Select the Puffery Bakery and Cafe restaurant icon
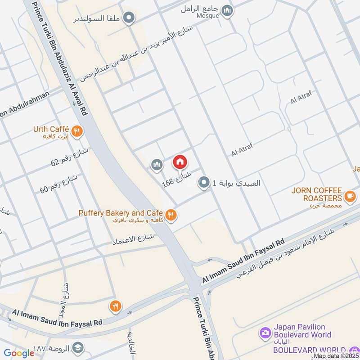171,215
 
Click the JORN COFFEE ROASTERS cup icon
350,196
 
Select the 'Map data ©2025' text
336,356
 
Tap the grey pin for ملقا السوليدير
130,18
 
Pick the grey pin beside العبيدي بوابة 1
204,183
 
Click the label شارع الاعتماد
133,240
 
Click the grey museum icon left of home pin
157,165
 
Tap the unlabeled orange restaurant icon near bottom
115,306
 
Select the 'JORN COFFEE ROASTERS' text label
316,194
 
